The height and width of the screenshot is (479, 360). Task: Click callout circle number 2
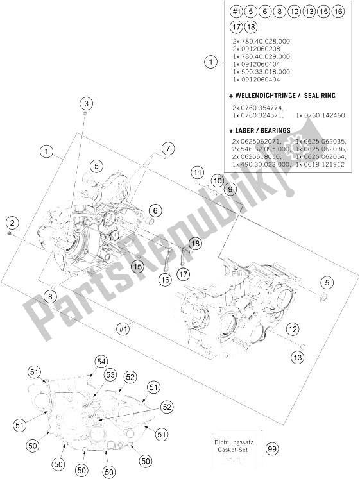pyautogui.click(x=11, y=223)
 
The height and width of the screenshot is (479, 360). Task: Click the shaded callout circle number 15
pyautogui.click(x=137, y=266)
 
